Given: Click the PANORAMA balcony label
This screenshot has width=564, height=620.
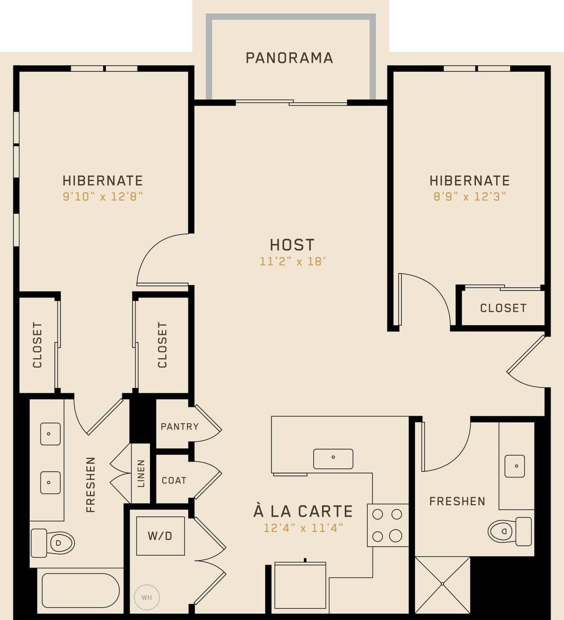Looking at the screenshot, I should tap(289, 58).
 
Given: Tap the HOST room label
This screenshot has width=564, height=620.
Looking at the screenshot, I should tap(292, 244).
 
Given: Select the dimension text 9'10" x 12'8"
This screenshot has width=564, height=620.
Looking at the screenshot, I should tap(102, 196).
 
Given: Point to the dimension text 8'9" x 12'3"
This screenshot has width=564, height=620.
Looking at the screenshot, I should tap(470, 196).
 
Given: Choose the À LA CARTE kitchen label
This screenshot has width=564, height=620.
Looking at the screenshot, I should tap(303, 511).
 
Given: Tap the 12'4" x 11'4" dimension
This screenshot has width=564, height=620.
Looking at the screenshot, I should tap(303, 528).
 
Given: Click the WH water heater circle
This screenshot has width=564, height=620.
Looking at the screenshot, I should tap(146, 597).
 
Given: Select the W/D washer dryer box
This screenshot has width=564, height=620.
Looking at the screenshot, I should tap(160, 536).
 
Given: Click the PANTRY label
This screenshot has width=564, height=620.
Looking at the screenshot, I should tap(180, 427).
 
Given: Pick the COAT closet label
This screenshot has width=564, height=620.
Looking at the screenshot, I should tap(174, 480).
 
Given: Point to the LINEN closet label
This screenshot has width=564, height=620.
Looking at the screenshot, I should tap(141, 474).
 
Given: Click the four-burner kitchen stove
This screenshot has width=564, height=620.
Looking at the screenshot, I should tap(387, 525).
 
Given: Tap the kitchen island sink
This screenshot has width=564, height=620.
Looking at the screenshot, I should tap(333, 459).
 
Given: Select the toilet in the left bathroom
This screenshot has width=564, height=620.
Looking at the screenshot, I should tap(53, 543).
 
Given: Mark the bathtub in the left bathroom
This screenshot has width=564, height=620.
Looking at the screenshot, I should tap(81, 590).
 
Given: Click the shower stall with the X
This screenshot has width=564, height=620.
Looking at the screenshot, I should tap(442, 584).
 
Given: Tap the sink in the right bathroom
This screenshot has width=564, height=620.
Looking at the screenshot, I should tap(515, 466).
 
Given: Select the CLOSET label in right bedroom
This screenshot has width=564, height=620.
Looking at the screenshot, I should tap(503, 308).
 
